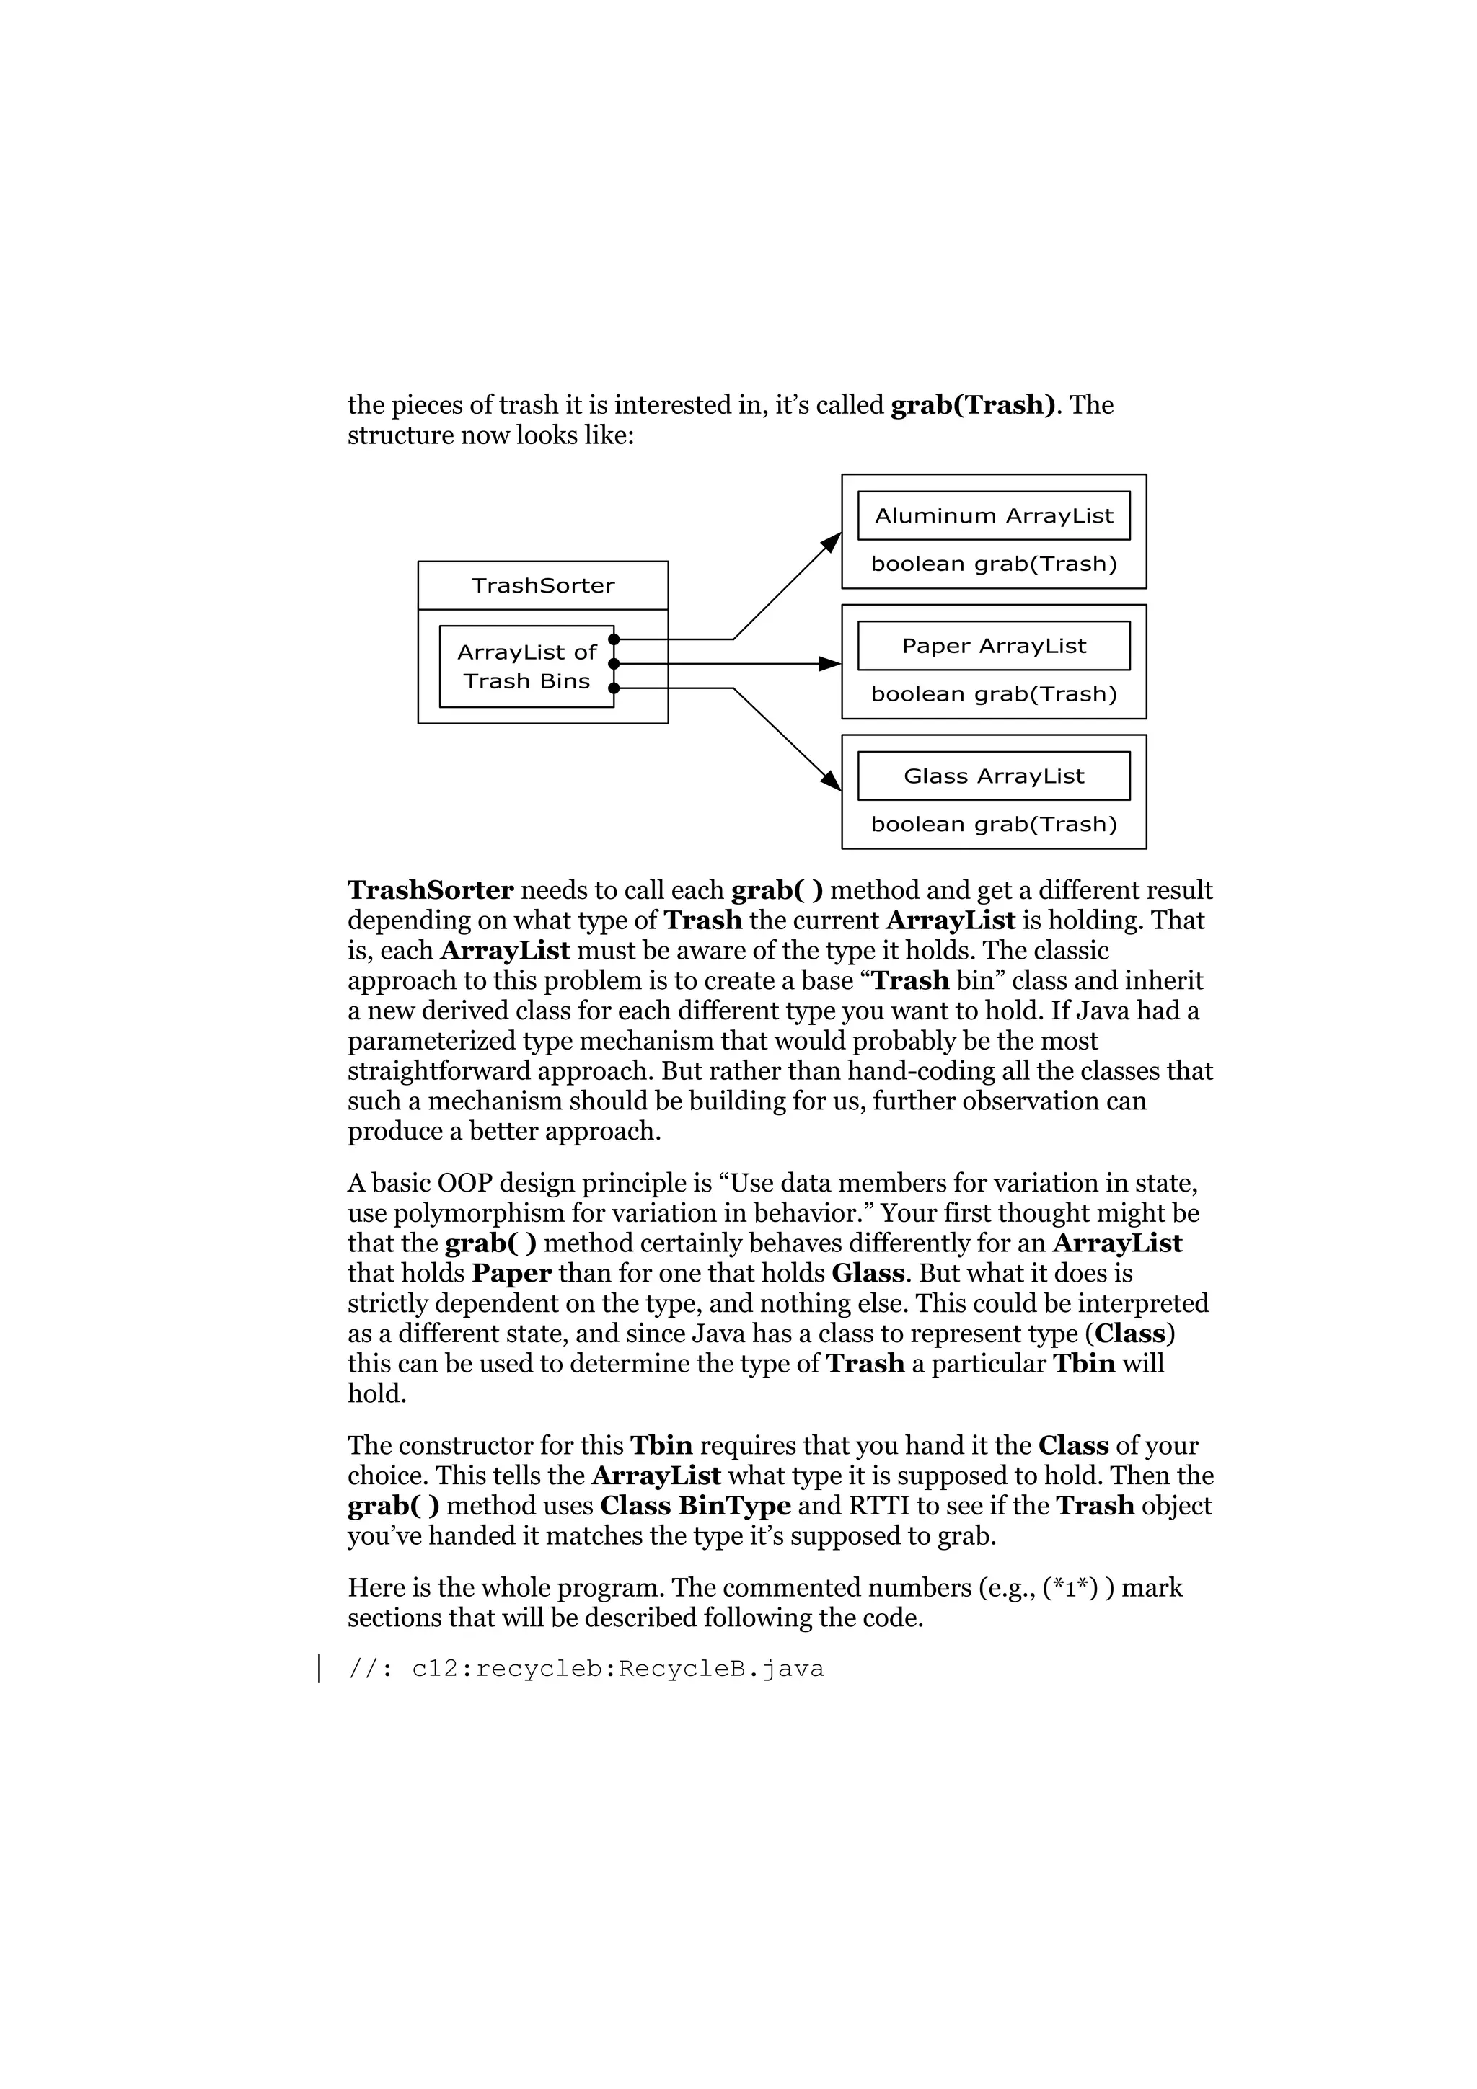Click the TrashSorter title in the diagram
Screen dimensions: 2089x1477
542,585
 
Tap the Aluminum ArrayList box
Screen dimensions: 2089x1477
993,516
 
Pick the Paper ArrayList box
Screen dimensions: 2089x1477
993,646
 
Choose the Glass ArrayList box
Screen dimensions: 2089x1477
993,776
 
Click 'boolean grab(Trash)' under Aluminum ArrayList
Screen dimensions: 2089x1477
993,564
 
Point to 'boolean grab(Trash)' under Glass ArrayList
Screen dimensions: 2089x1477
993,825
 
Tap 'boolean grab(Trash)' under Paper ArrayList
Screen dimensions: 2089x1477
993,694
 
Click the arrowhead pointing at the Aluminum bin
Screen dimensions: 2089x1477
832,541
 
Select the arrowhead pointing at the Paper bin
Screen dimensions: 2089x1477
830,664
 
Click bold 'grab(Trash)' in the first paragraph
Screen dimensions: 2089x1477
972,405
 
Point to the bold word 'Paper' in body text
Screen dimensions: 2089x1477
511,1273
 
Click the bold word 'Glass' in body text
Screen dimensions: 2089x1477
868,1273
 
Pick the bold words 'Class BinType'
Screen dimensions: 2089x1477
695,1506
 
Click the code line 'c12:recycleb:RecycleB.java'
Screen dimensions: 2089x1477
617,1669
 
